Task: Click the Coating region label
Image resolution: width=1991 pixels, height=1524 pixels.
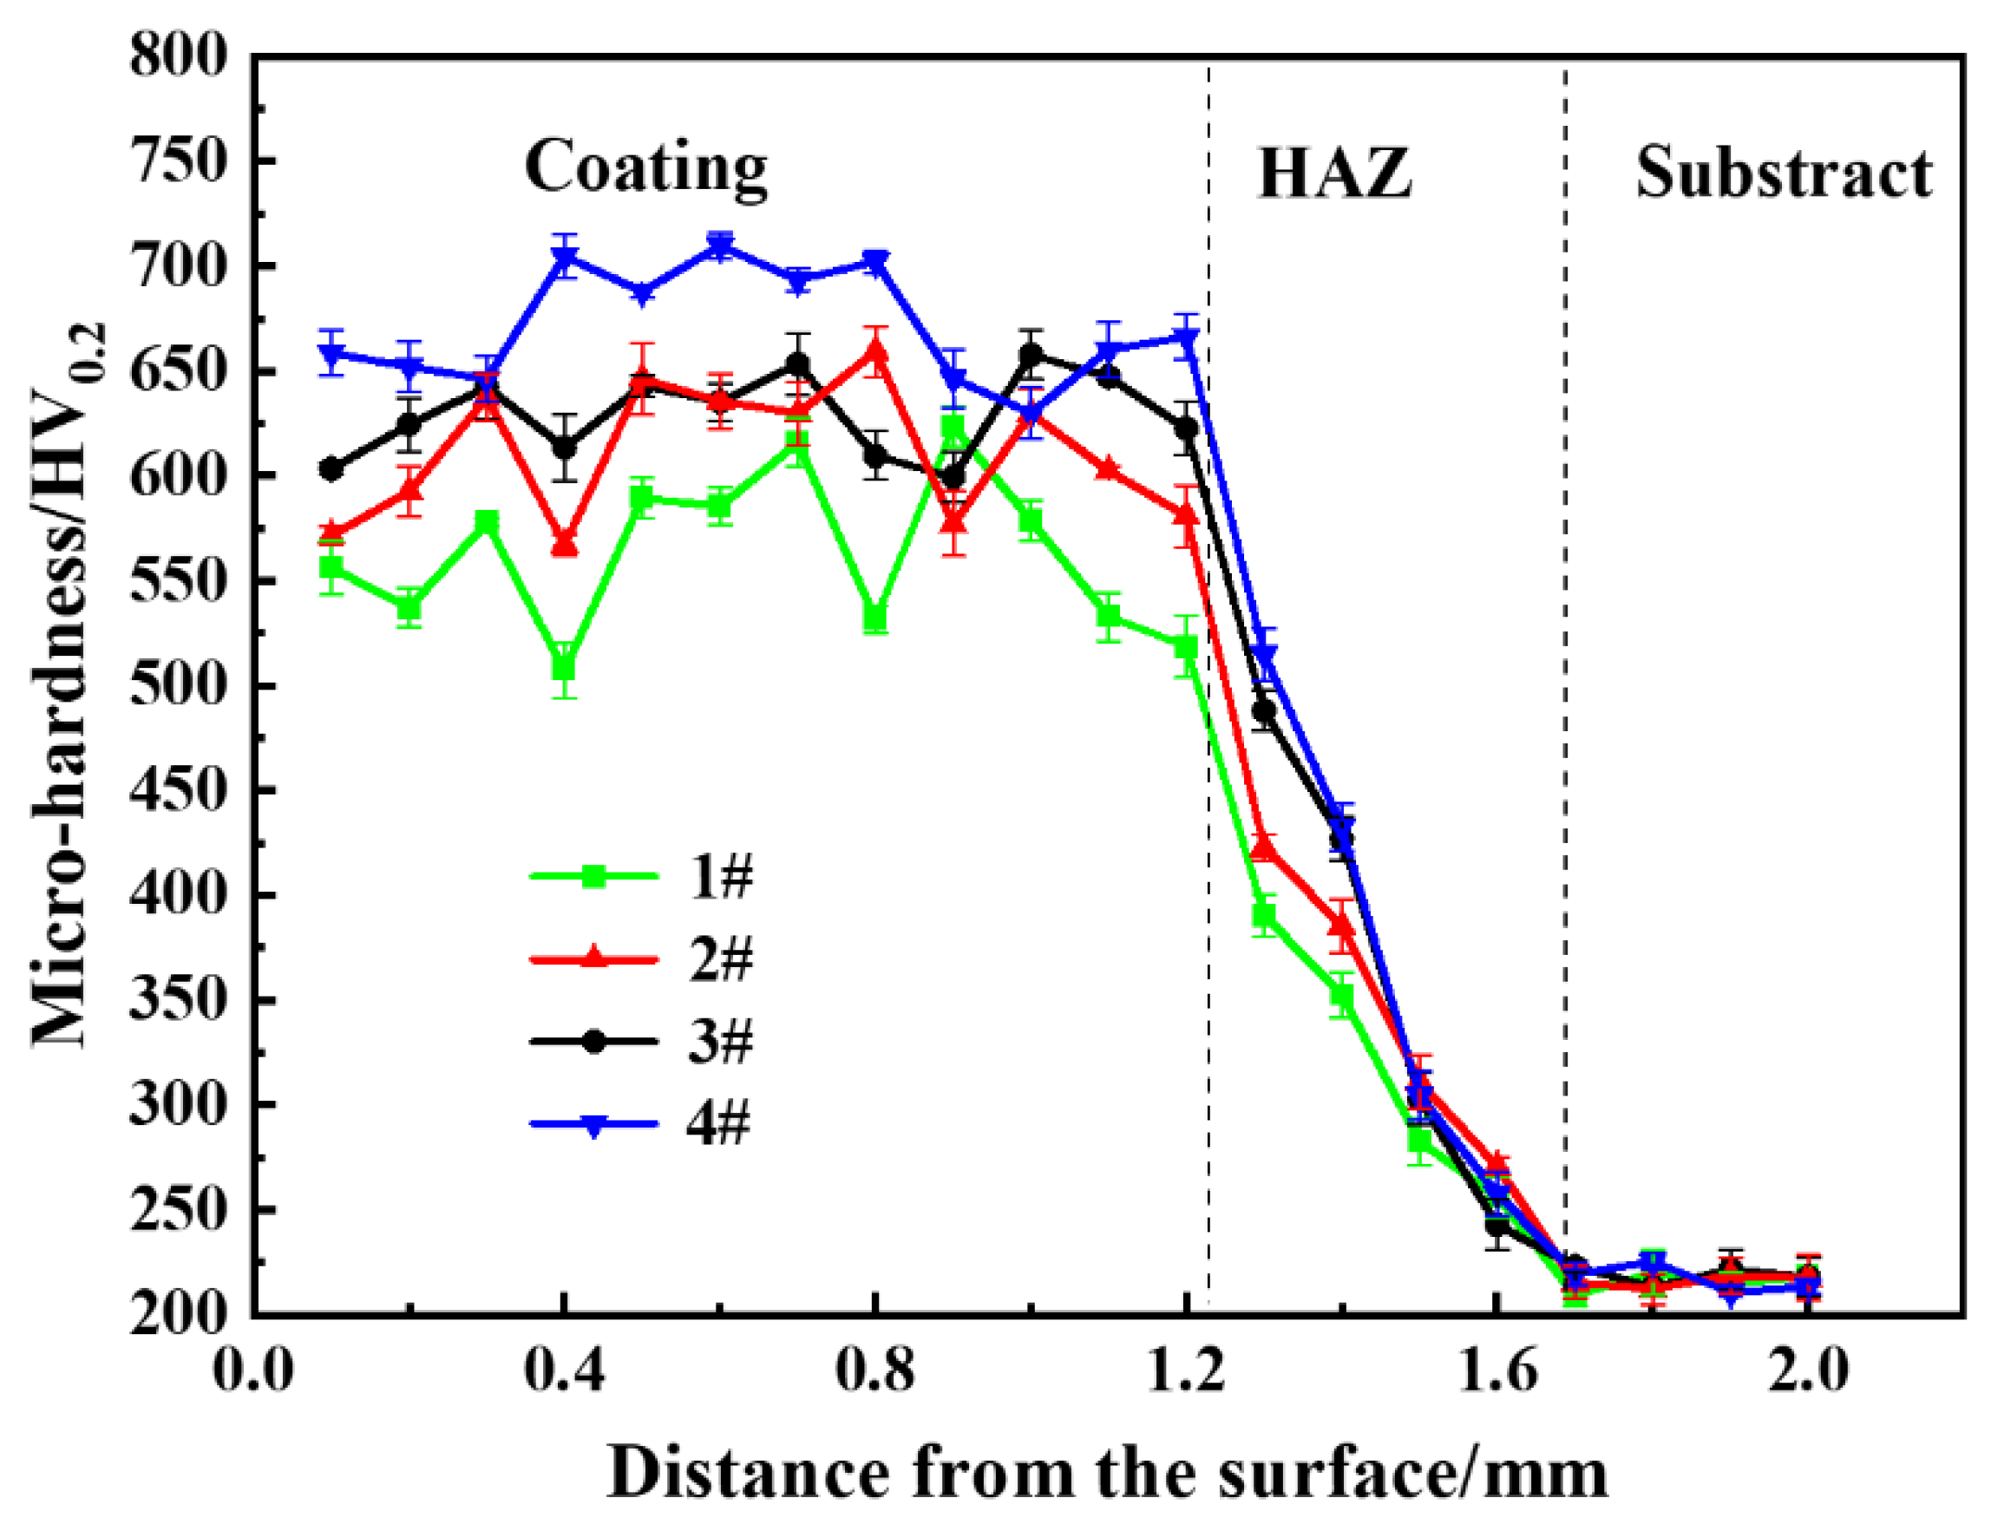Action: [x=645, y=170]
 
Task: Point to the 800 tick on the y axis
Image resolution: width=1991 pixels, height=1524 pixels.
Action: [x=178, y=56]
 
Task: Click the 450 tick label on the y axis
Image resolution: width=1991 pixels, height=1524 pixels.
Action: [x=178, y=791]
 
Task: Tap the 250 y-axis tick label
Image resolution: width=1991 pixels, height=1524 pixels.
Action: [x=178, y=1210]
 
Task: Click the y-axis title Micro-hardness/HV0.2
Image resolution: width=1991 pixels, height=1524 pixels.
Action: [x=71, y=685]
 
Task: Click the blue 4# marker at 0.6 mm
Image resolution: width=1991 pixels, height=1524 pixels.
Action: [x=721, y=245]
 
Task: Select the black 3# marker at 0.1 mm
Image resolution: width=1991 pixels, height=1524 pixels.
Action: [x=331, y=469]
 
